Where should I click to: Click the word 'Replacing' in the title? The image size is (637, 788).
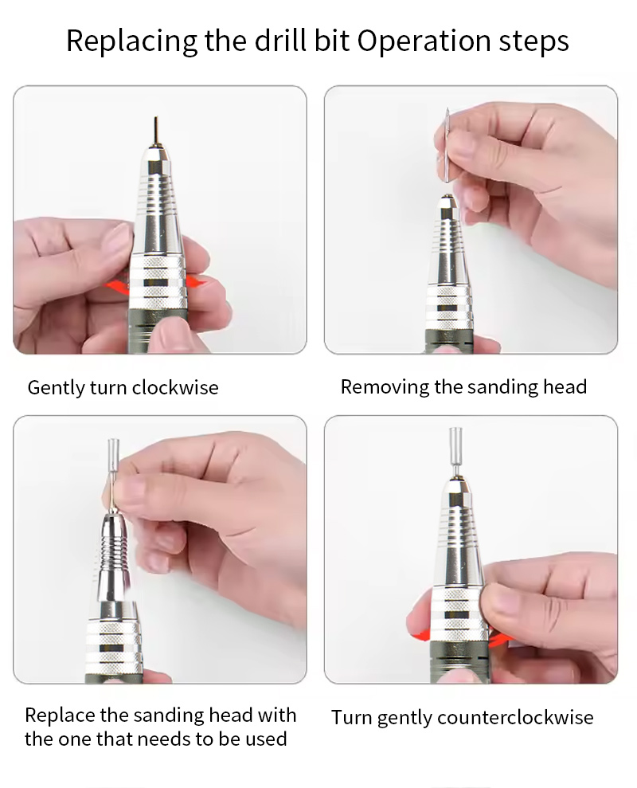pos(132,41)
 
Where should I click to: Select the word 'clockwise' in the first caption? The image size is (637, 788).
pos(175,387)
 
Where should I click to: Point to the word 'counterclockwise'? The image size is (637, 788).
pos(515,717)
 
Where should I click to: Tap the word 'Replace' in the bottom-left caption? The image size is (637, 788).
pos(60,715)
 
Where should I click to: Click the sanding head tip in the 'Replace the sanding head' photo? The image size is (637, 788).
pos(112,453)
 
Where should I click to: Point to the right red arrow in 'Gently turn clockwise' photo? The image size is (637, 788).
pos(197,282)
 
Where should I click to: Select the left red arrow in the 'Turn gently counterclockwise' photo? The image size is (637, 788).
pos(420,634)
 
